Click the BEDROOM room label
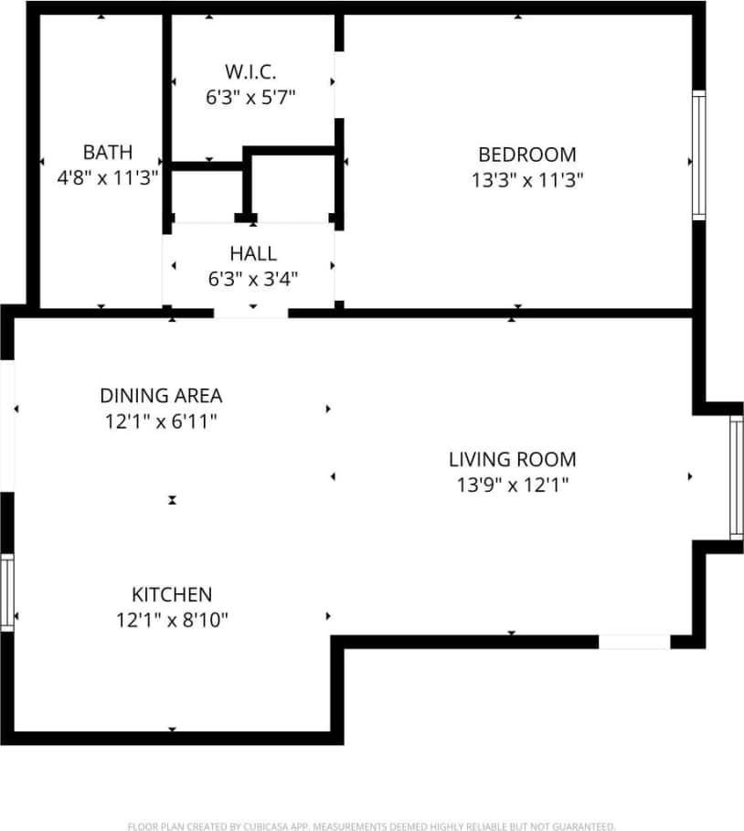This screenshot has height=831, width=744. click(527, 154)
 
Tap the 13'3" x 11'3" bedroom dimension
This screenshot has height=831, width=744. click(527, 180)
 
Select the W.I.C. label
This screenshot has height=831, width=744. click(250, 70)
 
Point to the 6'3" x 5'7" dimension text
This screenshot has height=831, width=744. click(250, 96)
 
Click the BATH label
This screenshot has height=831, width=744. click(108, 152)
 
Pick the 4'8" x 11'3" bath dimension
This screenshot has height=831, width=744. click(108, 177)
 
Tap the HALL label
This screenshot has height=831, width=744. click(253, 253)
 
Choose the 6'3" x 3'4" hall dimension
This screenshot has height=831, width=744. click(253, 279)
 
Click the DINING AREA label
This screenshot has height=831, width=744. click(161, 396)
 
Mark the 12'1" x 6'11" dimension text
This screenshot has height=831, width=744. click(161, 421)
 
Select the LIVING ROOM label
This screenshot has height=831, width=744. click(512, 459)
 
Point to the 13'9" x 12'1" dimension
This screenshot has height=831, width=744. click(512, 485)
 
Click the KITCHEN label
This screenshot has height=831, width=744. click(172, 594)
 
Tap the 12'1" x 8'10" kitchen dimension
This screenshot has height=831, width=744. click(172, 620)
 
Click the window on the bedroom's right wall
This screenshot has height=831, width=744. click(699, 154)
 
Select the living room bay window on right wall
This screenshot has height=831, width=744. click(736, 476)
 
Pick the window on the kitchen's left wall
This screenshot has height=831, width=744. click(6, 591)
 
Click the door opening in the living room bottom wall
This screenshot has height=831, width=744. click(634, 643)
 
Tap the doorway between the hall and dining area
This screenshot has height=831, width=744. click(250, 313)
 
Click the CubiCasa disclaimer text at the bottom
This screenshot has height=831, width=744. click(371, 824)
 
